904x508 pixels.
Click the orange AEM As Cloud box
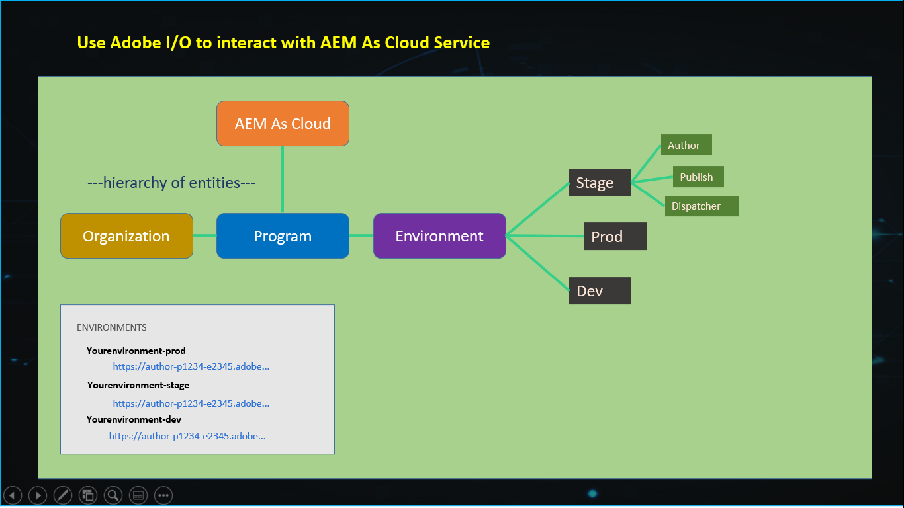point(283,124)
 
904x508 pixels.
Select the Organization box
point(126,236)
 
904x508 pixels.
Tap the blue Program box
point(283,236)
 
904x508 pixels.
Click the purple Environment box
point(439,236)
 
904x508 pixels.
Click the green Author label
point(686,146)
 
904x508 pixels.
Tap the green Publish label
point(698,177)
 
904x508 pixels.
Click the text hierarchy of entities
point(171,183)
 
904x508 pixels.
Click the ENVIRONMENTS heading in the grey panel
point(112,327)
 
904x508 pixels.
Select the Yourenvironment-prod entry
point(136,351)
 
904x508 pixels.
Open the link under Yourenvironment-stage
point(191,403)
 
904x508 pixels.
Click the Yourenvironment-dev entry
point(134,419)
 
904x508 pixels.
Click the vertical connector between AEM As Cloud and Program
point(283,179)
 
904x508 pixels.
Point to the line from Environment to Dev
point(538,263)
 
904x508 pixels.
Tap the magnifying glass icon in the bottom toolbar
point(113,495)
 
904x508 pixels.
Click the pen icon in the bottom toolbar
point(62,495)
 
